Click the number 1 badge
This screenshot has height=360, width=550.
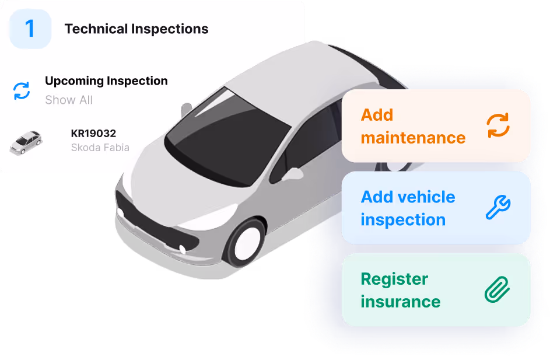pos(30,29)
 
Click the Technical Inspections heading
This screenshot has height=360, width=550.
pos(136,29)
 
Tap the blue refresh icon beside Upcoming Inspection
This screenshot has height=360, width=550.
pos(22,90)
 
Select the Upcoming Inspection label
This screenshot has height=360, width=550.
pos(106,81)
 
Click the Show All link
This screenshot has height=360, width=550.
pos(69,100)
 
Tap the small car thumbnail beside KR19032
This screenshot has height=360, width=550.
pos(26,142)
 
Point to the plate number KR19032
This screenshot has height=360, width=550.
pos(93,134)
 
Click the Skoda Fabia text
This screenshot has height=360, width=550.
pos(100,148)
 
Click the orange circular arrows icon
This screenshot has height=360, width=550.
pos(498,125)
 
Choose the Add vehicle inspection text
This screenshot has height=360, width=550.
pos(408,208)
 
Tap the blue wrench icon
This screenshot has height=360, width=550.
pos(498,207)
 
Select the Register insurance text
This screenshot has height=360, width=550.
pos(400,290)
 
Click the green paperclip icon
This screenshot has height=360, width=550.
pos(498,290)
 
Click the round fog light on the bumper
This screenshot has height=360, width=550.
pos(183,249)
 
